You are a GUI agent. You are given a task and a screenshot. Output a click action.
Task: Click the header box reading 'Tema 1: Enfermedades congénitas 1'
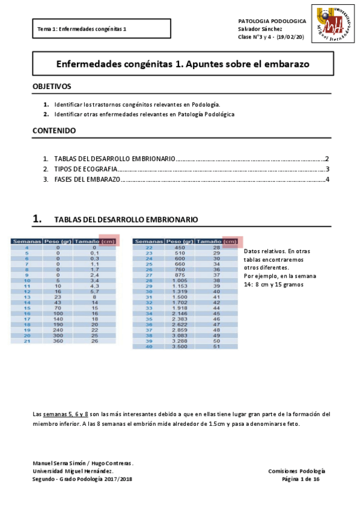pos(102,29)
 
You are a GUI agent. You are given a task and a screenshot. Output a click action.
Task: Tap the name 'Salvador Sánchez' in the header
pos(260,29)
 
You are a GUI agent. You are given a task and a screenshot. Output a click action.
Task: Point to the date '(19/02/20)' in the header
pos(291,37)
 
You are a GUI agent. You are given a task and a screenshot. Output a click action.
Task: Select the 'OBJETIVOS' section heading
pos(52,87)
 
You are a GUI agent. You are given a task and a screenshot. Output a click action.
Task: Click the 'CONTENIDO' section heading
pos(53,131)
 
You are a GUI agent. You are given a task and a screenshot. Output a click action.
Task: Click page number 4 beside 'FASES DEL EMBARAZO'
pos(327,180)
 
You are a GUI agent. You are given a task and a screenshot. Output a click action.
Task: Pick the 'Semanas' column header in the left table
pos(26,242)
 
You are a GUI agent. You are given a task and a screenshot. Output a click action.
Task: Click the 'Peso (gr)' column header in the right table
pos(180,242)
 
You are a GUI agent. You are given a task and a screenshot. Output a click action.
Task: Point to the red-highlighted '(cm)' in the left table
pos(109,241)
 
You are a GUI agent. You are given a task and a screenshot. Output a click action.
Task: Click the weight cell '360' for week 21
pos(58,341)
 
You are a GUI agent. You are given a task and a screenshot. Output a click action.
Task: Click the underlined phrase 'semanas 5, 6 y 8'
pos(66,414)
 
